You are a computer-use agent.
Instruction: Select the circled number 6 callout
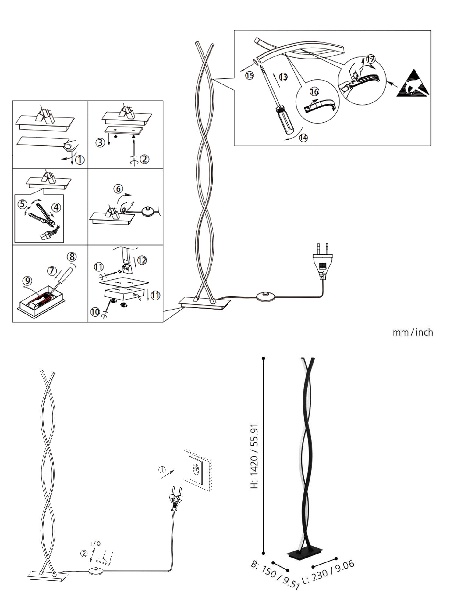[119, 189]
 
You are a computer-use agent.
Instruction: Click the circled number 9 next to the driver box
[27, 279]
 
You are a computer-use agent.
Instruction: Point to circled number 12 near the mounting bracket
[142, 260]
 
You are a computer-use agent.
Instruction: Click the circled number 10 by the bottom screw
[95, 312]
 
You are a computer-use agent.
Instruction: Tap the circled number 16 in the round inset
[314, 91]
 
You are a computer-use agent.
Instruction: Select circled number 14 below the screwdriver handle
[303, 138]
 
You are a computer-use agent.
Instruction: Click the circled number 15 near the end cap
[250, 75]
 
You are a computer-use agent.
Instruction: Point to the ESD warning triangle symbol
[413, 84]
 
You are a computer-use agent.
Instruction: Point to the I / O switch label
[95, 544]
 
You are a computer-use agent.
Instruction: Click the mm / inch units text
[413, 332]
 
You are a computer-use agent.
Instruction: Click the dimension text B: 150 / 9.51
[275, 576]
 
